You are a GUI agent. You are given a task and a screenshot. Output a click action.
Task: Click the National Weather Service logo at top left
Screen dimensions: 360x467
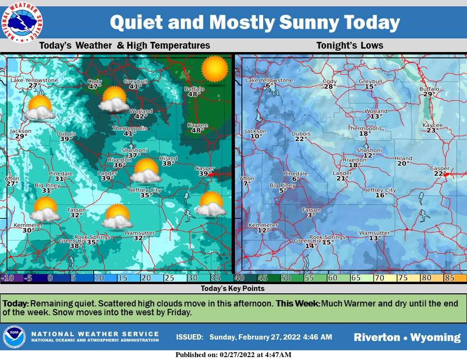pyautogui.click(x=21, y=22)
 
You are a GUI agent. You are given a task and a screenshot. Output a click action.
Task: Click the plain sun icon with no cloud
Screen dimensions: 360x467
pyautogui.click(x=215, y=69)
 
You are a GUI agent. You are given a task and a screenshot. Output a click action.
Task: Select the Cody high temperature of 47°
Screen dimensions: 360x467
pyautogui.click(x=94, y=87)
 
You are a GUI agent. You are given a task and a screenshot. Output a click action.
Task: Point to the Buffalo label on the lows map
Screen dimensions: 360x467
pyautogui.click(x=429, y=89)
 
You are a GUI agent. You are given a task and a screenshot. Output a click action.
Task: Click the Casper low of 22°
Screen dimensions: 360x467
pyautogui.click(x=440, y=174)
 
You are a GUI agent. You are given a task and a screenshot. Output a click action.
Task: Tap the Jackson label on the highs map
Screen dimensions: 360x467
pyautogui.click(x=20, y=131)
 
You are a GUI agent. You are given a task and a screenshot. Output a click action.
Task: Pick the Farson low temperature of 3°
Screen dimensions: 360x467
pyautogui.click(x=310, y=215)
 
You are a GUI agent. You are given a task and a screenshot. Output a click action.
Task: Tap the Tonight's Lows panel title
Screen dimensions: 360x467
pyautogui.click(x=350, y=46)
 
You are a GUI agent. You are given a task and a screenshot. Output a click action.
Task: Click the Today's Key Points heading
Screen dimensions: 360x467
pyautogui.click(x=233, y=288)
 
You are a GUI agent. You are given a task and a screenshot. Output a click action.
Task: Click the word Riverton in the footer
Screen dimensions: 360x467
pyautogui.click(x=377, y=337)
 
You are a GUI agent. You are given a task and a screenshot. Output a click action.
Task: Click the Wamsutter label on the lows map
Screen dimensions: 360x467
pyautogui.click(x=375, y=233)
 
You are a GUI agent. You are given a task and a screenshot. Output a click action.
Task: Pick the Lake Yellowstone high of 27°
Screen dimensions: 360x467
pyautogui.click(x=34, y=86)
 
